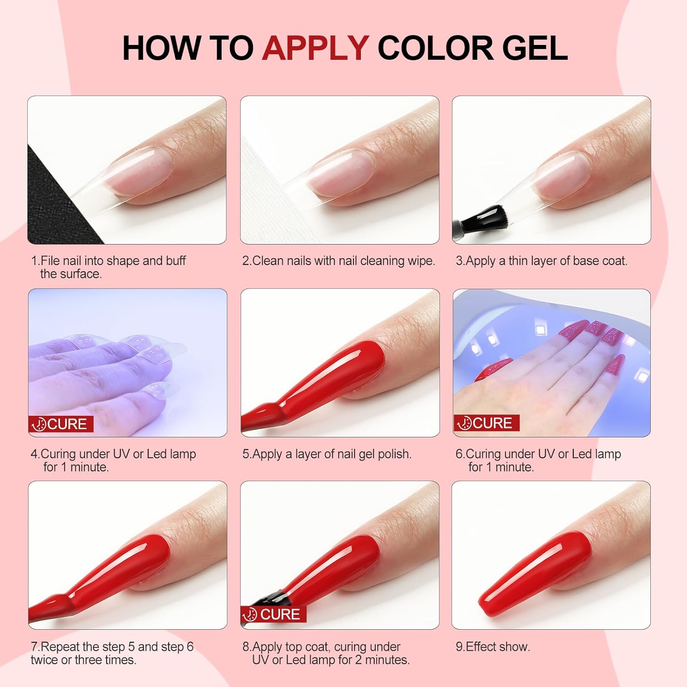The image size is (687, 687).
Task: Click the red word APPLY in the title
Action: (316, 48)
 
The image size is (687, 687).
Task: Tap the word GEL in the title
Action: (534, 48)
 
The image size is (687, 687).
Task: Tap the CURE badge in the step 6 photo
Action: (486, 423)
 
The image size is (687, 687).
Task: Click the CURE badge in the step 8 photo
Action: (273, 614)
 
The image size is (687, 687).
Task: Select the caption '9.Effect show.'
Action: (492, 647)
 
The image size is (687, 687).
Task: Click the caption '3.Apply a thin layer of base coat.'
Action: (541, 261)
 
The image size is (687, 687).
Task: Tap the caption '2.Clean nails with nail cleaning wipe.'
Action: (338, 261)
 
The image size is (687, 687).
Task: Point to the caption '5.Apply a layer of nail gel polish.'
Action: (327, 454)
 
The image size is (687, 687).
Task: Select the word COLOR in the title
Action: (435, 48)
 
